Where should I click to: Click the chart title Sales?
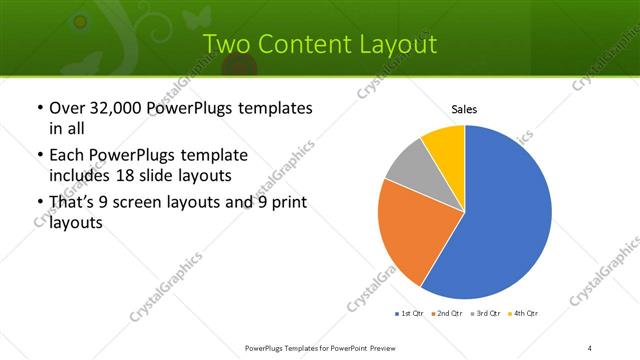[x=464, y=108]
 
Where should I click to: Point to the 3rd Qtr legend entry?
[x=487, y=315]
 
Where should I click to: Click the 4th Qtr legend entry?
[x=526, y=315]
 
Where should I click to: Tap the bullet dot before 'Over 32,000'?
[x=39, y=108]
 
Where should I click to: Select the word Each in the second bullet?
[x=68, y=156]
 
